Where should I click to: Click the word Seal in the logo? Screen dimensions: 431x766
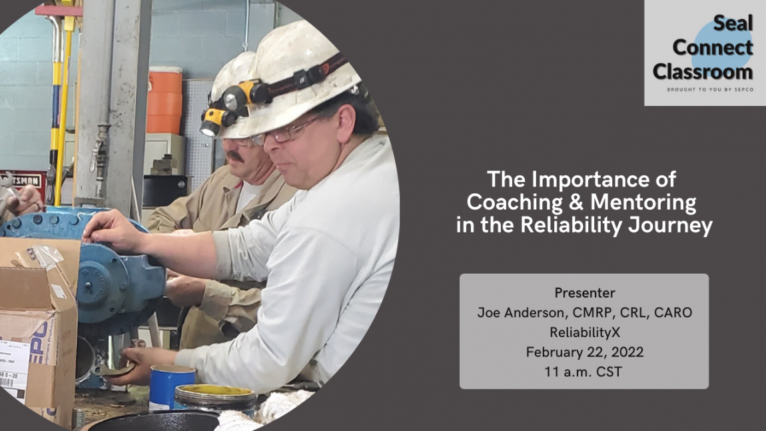coord(733,24)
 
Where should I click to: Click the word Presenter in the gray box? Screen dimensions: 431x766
coord(584,293)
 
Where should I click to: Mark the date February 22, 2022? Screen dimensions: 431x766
coord(584,352)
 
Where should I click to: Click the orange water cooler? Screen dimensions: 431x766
coord(165,100)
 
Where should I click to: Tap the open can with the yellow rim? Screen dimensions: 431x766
coord(214,398)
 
